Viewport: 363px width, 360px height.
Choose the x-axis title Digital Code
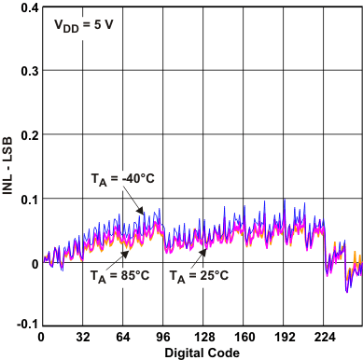point(202,353)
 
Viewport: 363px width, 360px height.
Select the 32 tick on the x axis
point(82,338)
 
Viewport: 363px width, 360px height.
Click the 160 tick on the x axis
point(244,338)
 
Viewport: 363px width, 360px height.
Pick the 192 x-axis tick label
point(284,338)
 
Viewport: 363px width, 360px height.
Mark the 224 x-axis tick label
point(324,338)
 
